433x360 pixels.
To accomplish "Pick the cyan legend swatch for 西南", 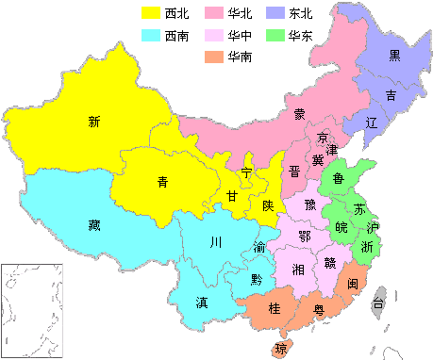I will (x=150, y=37).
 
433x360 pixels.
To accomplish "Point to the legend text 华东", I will (x=302, y=37).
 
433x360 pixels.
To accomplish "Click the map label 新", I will (x=93, y=121).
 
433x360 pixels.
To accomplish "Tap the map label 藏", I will (x=93, y=224).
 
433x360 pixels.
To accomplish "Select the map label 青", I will (x=162, y=182).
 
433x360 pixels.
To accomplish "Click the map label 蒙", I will (x=298, y=114).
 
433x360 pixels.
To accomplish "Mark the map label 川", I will (x=215, y=242).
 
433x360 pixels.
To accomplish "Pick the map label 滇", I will (x=202, y=303).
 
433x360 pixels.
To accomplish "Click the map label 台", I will (x=377, y=303).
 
